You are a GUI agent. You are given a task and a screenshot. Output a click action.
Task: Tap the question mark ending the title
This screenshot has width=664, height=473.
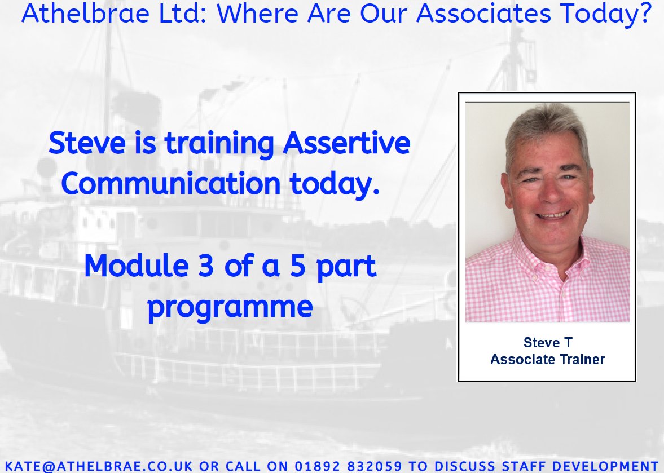pyautogui.click(x=645, y=15)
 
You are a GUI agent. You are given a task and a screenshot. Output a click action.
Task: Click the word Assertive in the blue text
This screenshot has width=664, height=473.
pyautogui.click(x=346, y=144)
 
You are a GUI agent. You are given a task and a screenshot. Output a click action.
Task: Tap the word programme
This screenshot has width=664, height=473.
pyautogui.click(x=230, y=307)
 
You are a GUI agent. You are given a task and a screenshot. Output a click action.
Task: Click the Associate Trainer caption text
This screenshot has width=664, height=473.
pyautogui.click(x=547, y=359)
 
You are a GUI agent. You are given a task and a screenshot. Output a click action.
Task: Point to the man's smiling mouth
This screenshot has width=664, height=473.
pyautogui.click(x=553, y=215)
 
